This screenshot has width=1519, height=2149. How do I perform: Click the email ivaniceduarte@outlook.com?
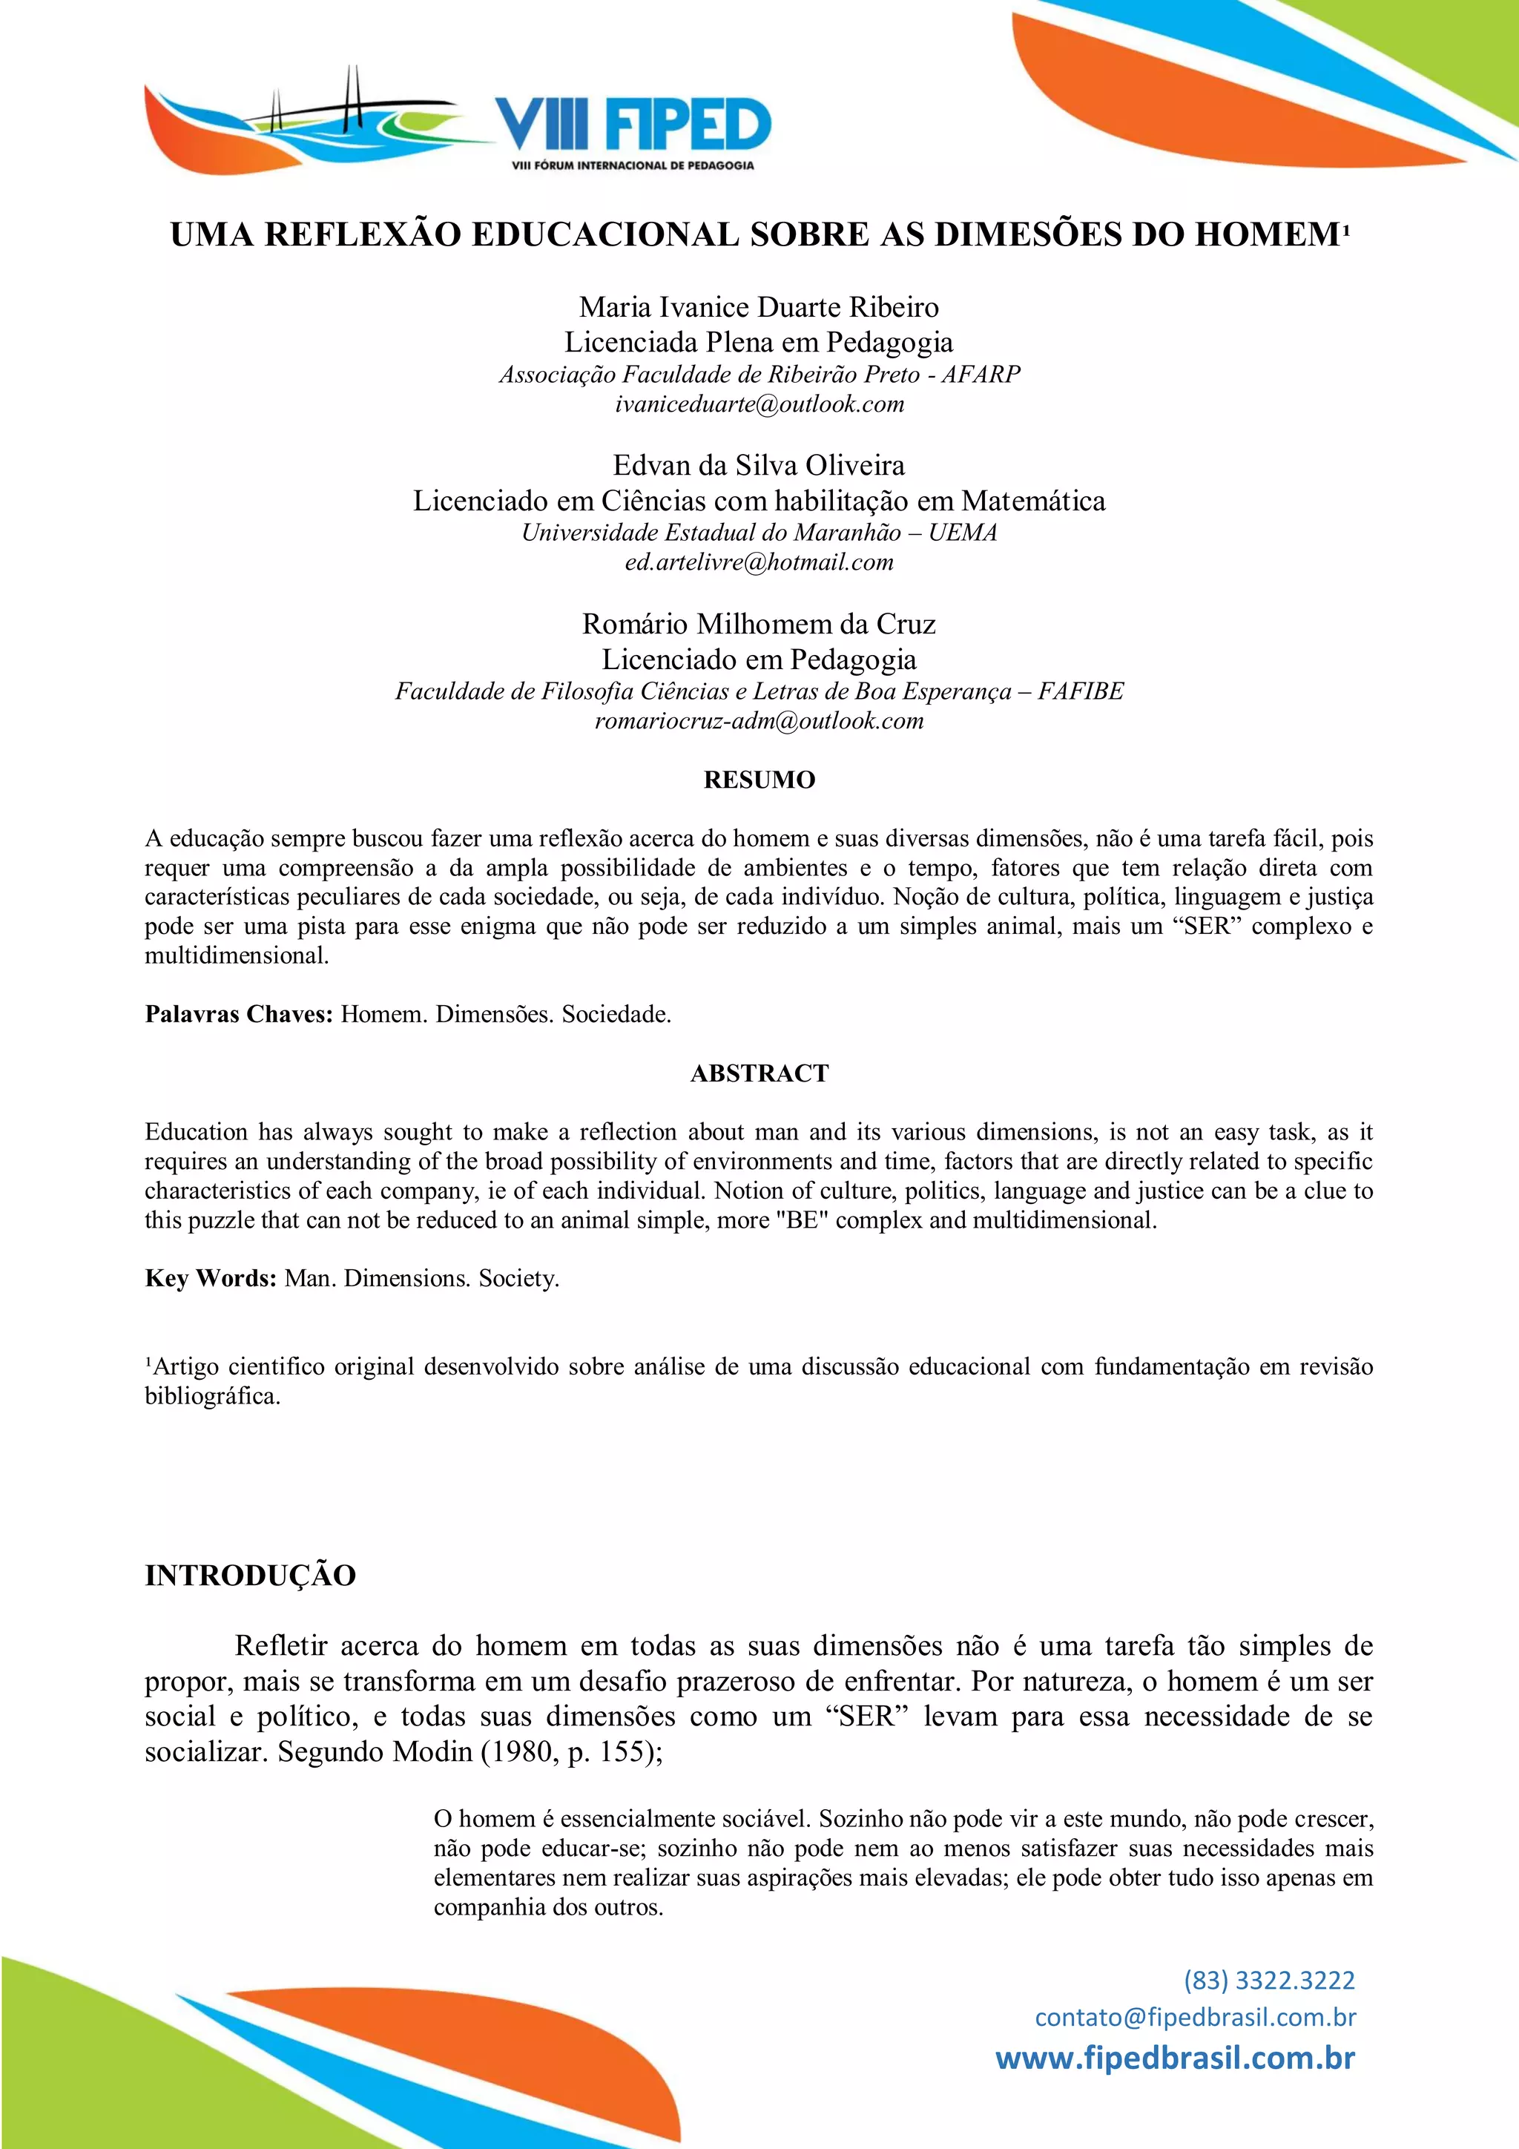(x=759, y=404)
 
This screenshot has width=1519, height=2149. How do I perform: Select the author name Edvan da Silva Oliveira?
(x=759, y=465)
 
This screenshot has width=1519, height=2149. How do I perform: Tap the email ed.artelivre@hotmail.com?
(x=759, y=562)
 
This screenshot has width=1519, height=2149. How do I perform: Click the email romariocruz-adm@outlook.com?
(x=759, y=721)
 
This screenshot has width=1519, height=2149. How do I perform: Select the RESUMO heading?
(x=759, y=780)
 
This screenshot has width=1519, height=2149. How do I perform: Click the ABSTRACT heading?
(x=759, y=1073)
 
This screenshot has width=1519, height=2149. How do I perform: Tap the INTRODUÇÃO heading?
(x=250, y=1576)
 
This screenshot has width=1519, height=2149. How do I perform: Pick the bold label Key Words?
(x=211, y=1279)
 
